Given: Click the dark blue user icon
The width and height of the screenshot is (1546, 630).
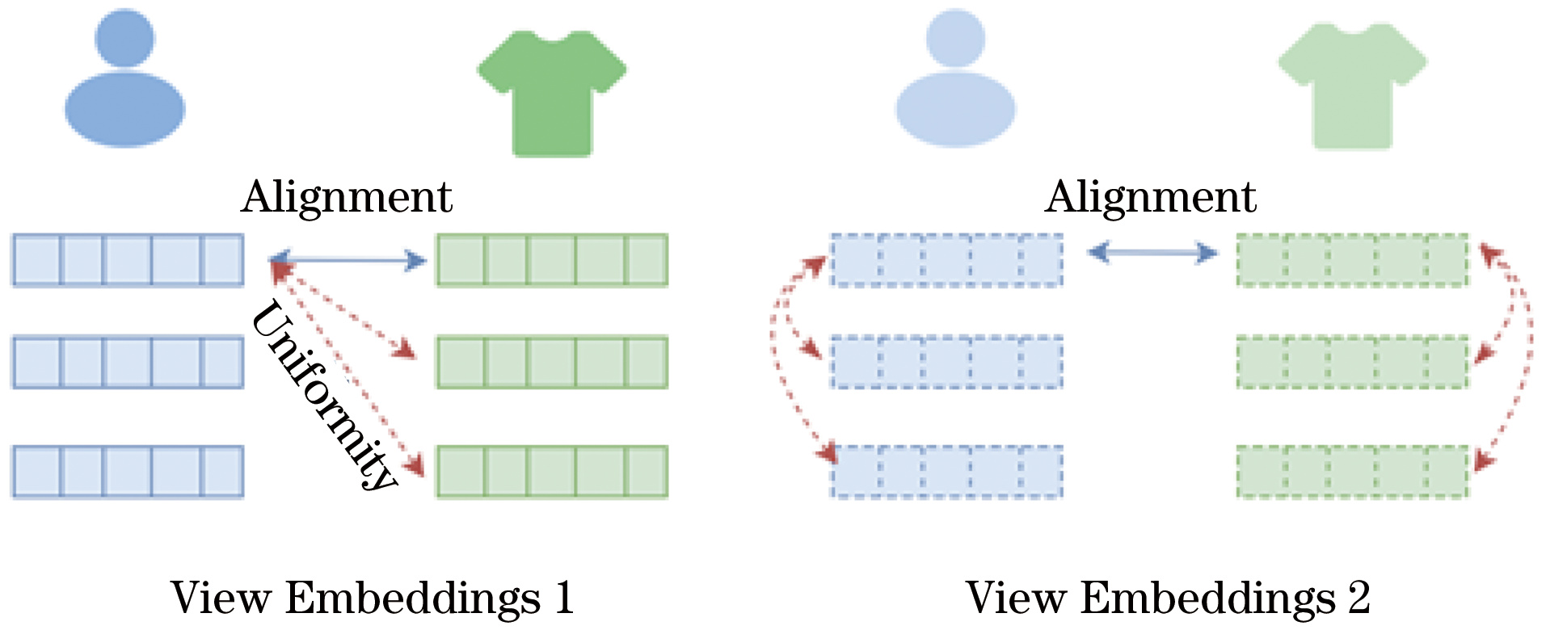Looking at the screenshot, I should pyautogui.click(x=124, y=81).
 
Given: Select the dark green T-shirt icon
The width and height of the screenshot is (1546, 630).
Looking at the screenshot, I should pyautogui.click(x=552, y=93).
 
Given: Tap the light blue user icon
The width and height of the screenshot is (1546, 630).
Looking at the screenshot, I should pyautogui.click(x=955, y=81).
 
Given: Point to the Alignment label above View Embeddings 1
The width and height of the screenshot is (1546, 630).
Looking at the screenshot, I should pyautogui.click(x=347, y=196).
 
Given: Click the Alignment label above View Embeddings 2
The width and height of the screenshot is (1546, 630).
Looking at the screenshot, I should pyautogui.click(x=1151, y=196).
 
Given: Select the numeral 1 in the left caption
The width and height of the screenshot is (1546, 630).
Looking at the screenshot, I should pyautogui.click(x=563, y=598).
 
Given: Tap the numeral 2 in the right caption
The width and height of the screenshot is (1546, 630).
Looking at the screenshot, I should pyautogui.click(x=1359, y=598).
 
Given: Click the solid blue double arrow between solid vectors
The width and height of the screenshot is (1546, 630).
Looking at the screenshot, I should pyautogui.click(x=348, y=260).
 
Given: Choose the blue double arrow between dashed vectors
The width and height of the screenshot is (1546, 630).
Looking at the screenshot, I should pyautogui.click(x=1152, y=254).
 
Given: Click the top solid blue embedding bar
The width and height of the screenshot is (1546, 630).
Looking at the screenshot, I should pyautogui.click(x=128, y=260).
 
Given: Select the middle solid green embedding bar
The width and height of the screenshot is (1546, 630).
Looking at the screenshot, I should pyautogui.click(x=552, y=362).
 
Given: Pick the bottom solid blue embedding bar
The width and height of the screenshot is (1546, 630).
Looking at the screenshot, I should pyautogui.click(x=128, y=472).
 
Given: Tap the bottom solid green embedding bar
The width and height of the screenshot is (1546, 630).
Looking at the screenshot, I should pyautogui.click(x=552, y=472).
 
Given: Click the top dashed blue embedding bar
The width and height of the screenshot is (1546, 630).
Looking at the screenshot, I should pyautogui.click(x=946, y=260).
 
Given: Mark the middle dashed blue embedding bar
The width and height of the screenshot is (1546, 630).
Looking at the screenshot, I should pyautogui.click(x=946, y=362).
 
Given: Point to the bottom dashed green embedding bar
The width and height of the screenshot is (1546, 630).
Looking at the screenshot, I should pyautogui.click(x=1352, y=472).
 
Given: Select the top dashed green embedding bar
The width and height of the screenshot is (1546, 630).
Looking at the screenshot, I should pyautogui.click(x=1352, y=260).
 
